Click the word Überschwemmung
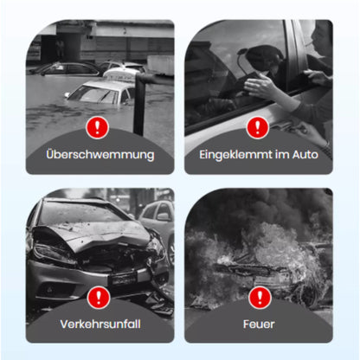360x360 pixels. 100,154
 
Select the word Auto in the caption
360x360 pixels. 305,155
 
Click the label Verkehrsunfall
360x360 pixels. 100,324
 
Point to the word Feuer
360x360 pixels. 259,324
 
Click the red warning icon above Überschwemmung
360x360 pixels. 97,127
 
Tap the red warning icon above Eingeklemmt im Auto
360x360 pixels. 258,127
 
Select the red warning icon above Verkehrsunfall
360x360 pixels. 99,298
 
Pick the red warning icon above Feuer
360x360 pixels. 260,298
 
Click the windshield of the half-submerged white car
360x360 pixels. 93,94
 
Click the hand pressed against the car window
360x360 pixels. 260,86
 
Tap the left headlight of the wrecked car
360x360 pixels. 54,254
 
